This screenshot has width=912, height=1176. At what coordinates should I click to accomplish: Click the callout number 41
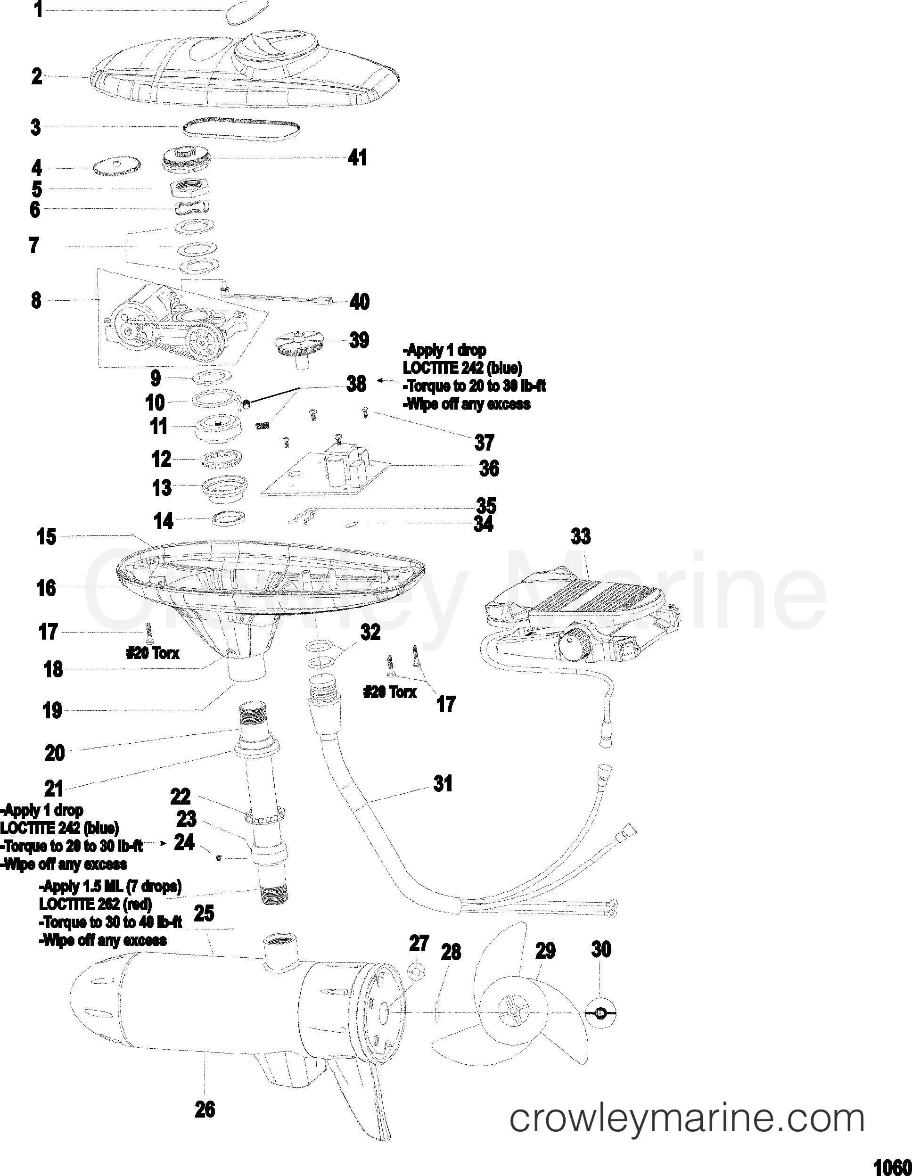(357, 158)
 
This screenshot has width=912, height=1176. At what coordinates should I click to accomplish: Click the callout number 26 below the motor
(205, 1110)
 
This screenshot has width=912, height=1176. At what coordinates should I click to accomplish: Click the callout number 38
(356, 384)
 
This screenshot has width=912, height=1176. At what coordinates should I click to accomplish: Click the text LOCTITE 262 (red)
(95, 904)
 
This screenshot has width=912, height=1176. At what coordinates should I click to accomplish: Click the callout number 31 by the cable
(443, 784)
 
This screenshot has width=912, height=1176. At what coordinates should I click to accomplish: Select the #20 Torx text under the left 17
(153, 653)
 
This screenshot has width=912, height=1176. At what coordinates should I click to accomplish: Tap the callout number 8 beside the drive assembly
(36, 300)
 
